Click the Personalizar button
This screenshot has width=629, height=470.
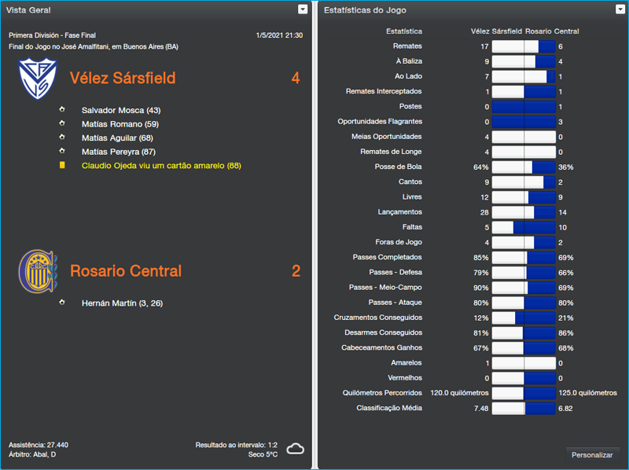point(592,455)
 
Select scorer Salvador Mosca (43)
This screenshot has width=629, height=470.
point(120,111)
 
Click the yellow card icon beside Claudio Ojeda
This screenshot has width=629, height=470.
point(62,166)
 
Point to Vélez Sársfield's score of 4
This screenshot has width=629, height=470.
point(295,79)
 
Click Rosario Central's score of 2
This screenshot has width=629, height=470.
point(296,271)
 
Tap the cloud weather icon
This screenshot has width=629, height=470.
point(296,449)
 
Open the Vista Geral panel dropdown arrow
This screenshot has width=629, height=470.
point(303,9)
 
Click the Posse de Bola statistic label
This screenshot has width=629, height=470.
point(399,167)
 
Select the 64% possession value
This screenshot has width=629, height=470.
point(480,167)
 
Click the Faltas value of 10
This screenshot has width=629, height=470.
point(562,227)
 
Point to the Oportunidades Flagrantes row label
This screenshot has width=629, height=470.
point(380,122)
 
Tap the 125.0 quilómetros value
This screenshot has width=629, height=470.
point(587,393)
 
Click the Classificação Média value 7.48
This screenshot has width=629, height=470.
point(480,409)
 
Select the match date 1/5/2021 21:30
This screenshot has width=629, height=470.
point(279,35)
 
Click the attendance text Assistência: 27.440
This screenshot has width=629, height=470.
point(39,445)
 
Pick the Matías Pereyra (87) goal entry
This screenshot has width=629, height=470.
point(118,152)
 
